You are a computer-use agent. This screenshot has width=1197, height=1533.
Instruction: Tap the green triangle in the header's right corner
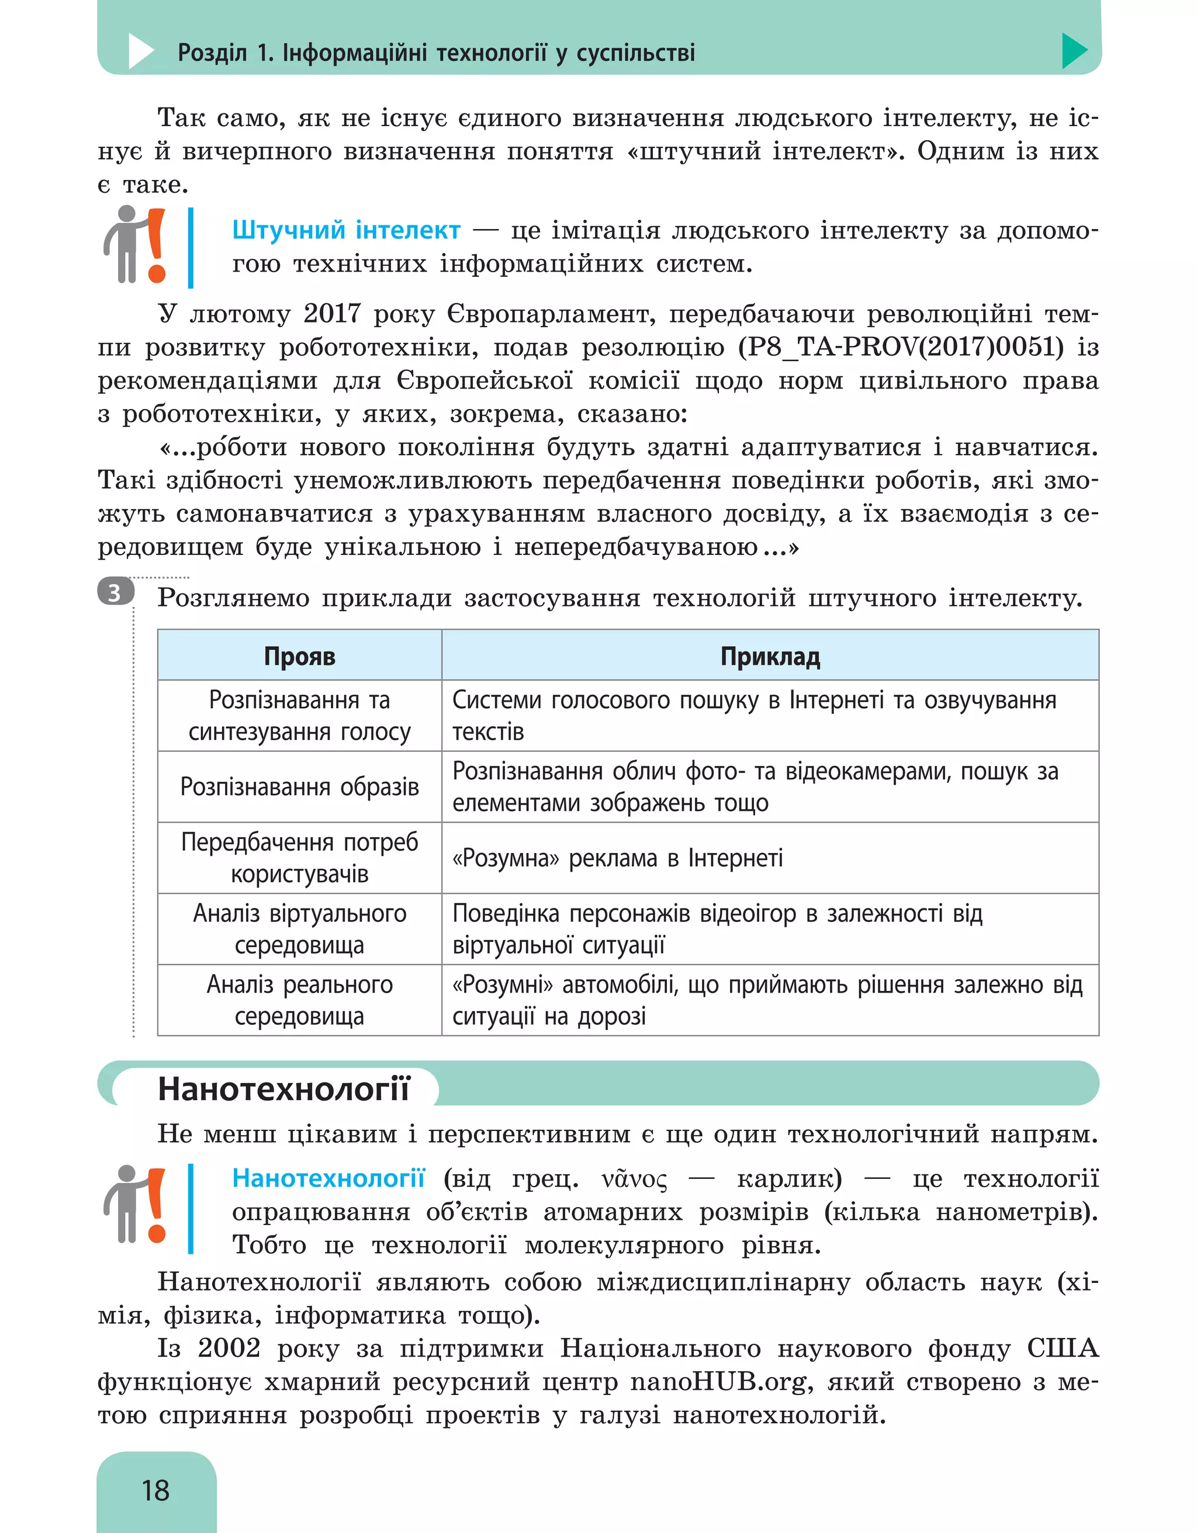pos(1072,51)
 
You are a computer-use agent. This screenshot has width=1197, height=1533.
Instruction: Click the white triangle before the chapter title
pos(140,51)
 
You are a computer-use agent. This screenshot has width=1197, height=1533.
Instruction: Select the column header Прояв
pos(299,655)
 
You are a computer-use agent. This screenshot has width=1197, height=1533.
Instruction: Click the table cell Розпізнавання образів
pos(299,786)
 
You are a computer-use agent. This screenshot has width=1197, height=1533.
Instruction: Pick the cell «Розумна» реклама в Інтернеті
pos(617,858)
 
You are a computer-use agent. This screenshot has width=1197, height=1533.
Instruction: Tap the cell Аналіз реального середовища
pos(299,1000)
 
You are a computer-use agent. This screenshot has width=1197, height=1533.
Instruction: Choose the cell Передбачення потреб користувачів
pos(299,858)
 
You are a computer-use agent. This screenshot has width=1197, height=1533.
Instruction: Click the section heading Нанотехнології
pos(283,1088)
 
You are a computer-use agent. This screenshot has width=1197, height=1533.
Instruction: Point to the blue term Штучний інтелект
pos(346,230)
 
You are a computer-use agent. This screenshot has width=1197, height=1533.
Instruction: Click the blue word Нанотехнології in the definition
pos(328,1178)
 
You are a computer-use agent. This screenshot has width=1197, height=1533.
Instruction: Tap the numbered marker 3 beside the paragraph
pos(115,593)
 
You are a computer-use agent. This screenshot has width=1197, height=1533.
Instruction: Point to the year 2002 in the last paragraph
pos(229,1348)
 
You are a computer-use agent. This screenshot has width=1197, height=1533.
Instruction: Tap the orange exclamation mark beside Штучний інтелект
pos(156,246)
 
